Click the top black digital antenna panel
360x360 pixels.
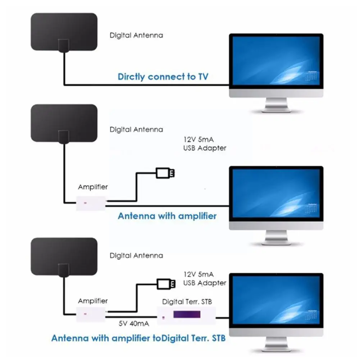coord(64,32)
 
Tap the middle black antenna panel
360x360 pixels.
coord(64,122)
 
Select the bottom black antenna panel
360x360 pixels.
coord(64,255)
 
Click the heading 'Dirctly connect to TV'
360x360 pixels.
coord(163,77)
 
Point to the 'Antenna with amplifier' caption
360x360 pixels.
coord(167,216)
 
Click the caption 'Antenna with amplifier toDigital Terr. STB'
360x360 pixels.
coord(138,338)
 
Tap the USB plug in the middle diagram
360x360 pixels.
coord(166,173)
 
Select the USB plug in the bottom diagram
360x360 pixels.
coord(166,284)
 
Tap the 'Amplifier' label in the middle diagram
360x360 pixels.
coord(93,187)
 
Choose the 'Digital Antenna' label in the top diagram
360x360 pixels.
coord(136,35)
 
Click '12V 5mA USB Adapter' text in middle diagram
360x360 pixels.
coord(205,144)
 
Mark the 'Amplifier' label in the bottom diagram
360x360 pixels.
coord(93,301)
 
